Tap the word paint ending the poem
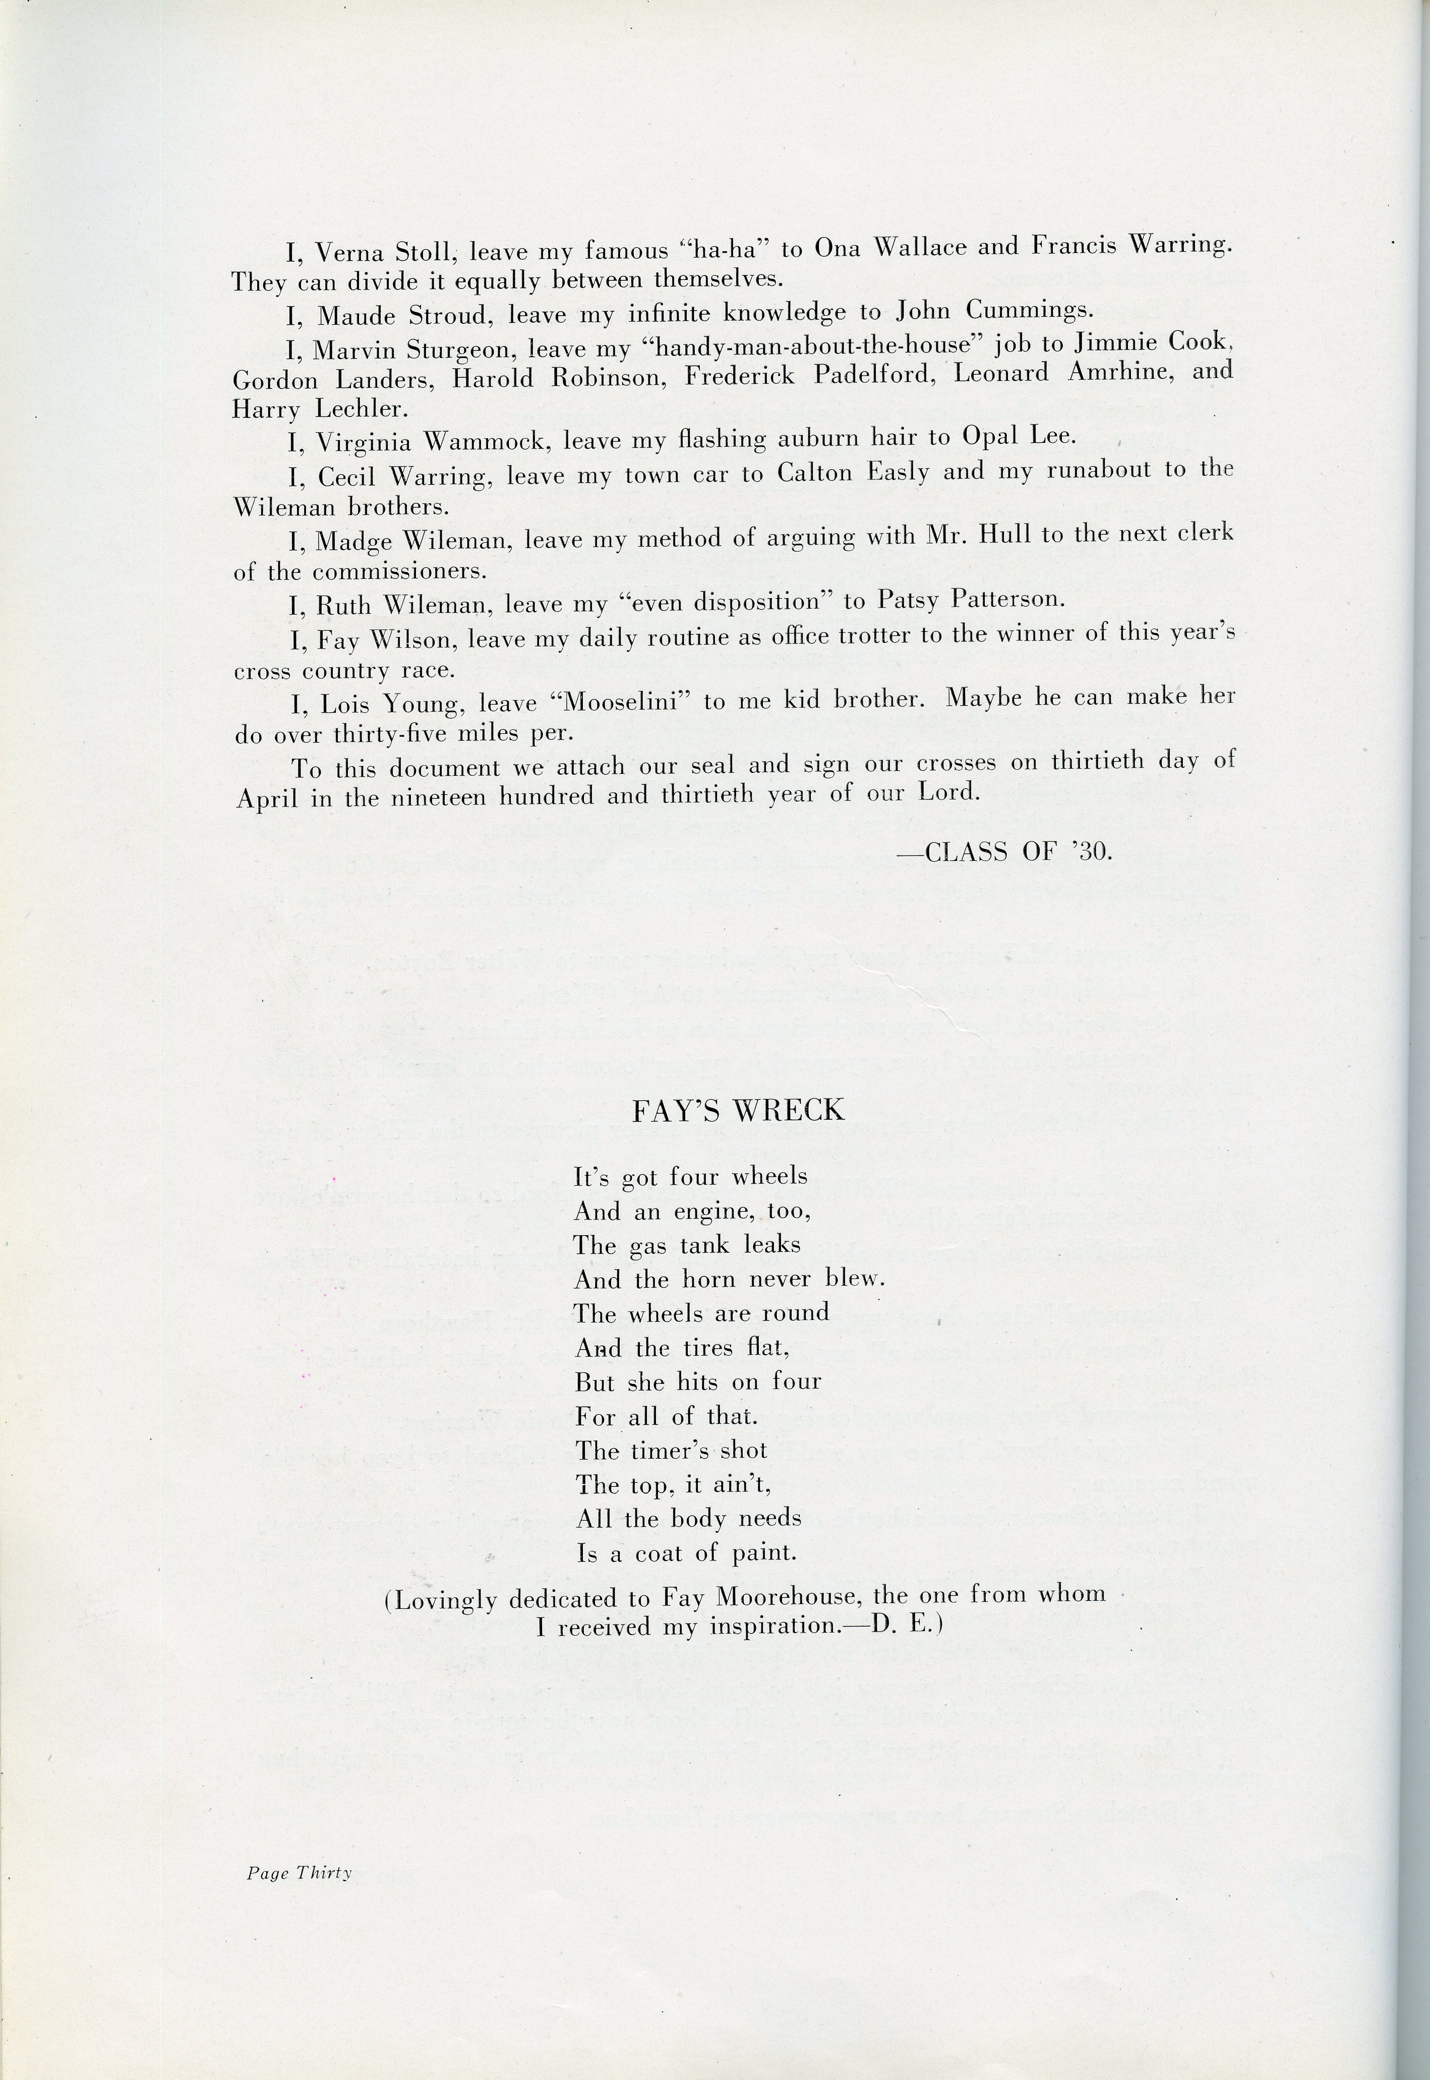tap(764, 1553)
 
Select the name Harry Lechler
tap(319, 410)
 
